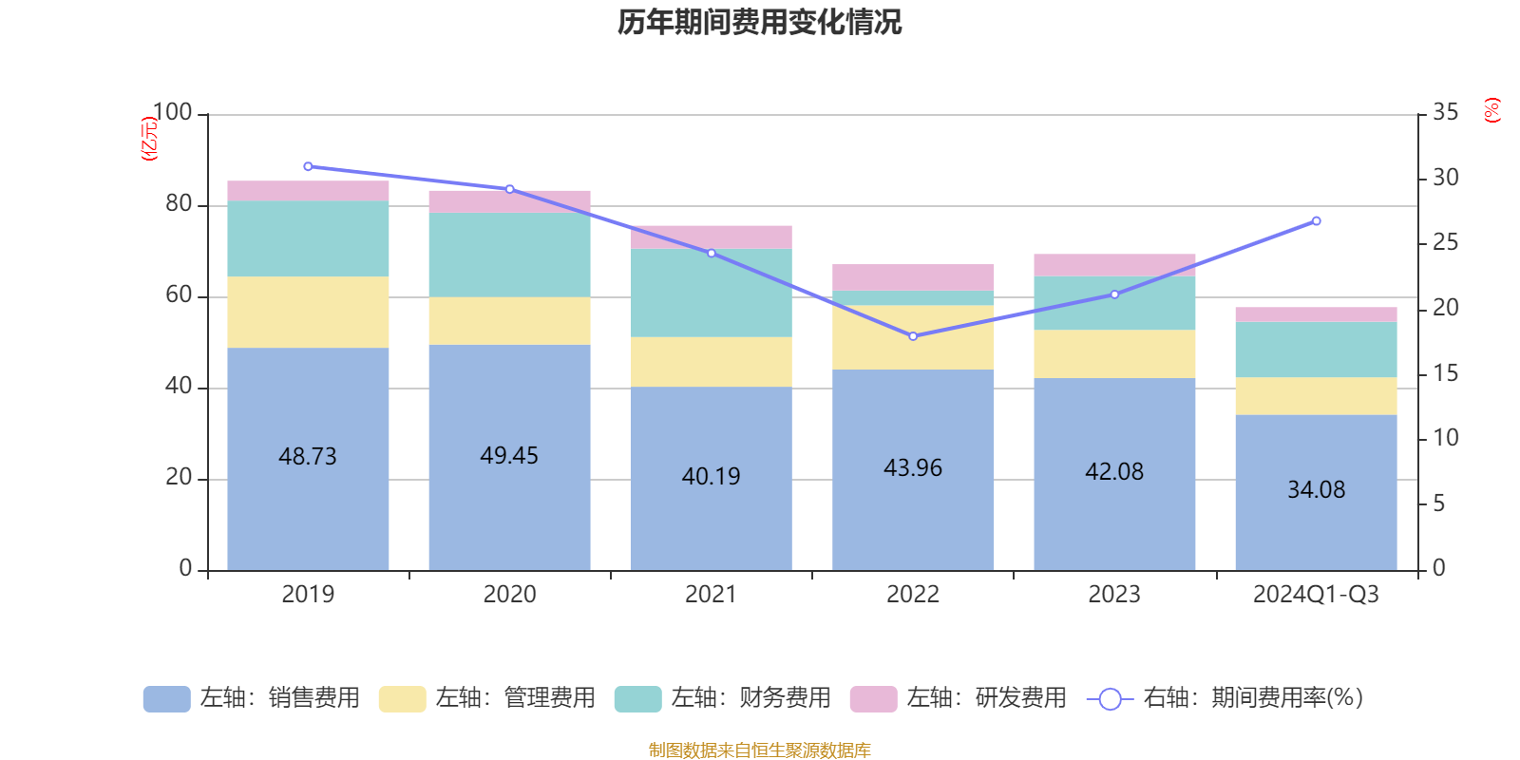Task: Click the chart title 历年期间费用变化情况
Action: click(x=759, y=22)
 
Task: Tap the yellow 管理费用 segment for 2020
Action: click(x=509, y=321)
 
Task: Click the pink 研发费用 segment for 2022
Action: click(x=913, y=276)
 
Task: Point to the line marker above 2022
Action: click(x=913, y=336)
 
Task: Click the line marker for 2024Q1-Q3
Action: click(x=1316, y=221)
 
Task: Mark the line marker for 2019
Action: click(x=308, y=166)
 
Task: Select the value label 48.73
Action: click(x=308, y=457)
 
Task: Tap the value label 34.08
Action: click(x=1316, y=490)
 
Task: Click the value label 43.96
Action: click(x=913, y=468)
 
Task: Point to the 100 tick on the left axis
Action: click(x=172, y=113)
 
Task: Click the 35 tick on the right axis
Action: click(x=1445, y=113)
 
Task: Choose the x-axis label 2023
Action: click(x=1114, y=595)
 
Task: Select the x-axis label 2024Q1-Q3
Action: click(x=1316, y=595)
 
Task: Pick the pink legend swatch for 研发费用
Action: click(x=873, y=699)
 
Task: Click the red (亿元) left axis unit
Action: click(x=149, y=139)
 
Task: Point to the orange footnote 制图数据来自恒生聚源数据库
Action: click(x=759, y=750)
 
